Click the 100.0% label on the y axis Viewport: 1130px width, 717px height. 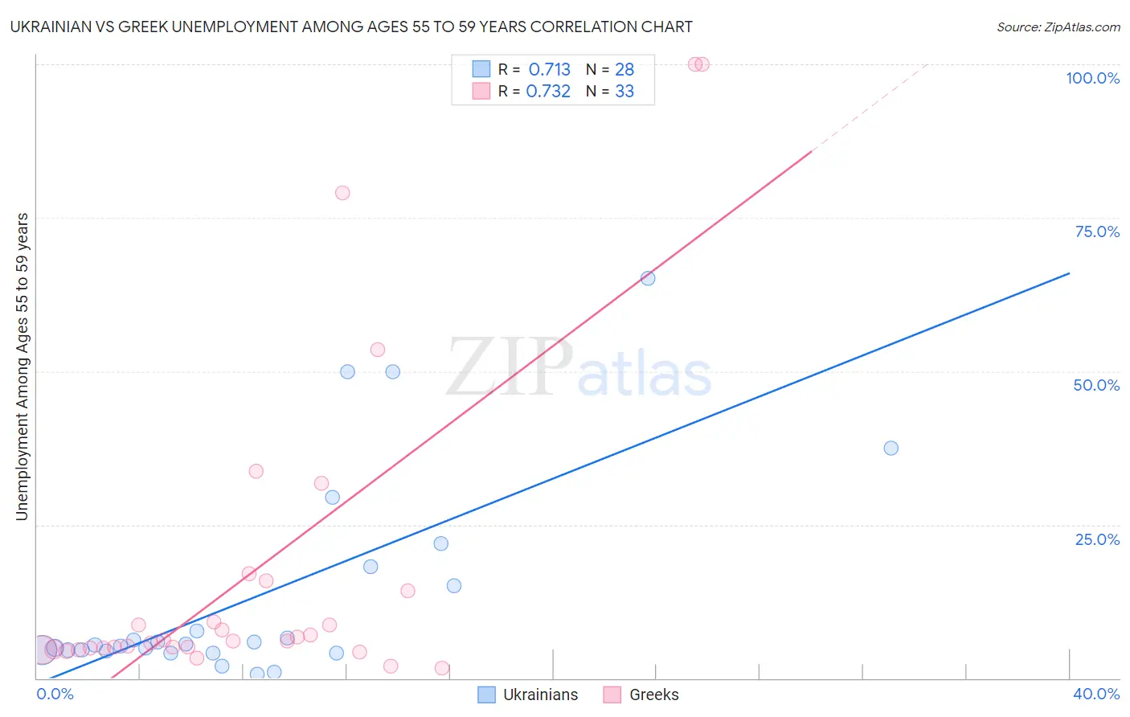click(x=1092, y=78)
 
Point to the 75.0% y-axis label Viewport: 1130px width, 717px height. click(x=1097, y=231)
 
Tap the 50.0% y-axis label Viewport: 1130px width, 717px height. click(x=1096, y=385)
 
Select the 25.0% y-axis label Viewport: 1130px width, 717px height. click(x=1097, y=539)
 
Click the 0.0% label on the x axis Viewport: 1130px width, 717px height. click(x=55, y=694)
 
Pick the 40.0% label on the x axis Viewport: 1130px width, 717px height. click(x=1095, y=694)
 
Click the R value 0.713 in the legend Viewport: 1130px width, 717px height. click(x=549, y=70)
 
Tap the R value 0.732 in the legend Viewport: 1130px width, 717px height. click(x=548, y=92)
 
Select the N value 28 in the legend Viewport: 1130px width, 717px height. click(x=624, y=70)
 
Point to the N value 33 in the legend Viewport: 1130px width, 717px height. click(x=624, y=92)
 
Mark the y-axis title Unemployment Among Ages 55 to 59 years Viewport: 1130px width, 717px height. click(x=22, y=367)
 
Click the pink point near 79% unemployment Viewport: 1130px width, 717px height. click(x=342, y=193)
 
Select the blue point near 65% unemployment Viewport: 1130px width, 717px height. click(x=648, y=278)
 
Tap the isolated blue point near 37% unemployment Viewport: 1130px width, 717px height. click(x=890, y=448)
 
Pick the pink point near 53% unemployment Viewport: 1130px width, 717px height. click(x=378, y=350)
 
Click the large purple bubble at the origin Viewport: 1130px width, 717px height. click(x=43, y=649)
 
